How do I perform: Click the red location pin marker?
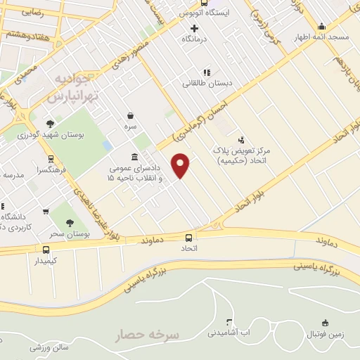click(181, 165)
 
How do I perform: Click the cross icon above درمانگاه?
click(195, 29)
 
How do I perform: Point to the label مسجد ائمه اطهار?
click(321, 37)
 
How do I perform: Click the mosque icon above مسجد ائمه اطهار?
click(321, 26)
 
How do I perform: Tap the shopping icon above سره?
click(130, 115)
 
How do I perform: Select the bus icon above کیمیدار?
click(46, 250)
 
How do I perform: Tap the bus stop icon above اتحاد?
click(189, 238)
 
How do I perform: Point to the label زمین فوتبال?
click(325, 335)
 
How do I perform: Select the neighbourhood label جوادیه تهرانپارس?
click(75, 84)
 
